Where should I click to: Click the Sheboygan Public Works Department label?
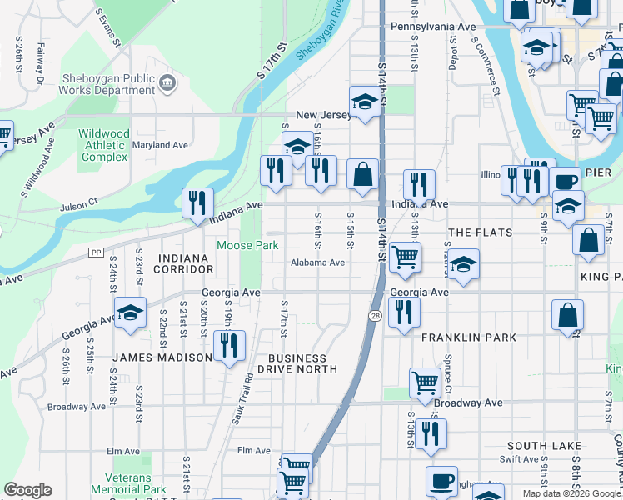(108, 84)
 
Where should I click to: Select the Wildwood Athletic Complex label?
(104, 145)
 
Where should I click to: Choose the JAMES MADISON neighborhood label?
(162, 357)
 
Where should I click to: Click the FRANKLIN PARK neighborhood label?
(468, 337)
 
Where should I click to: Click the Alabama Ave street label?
(317, 262)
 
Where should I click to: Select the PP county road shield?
(94, 251)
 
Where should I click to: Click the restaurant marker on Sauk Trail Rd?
(229, 345)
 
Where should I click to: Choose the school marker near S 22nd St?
(131, 312)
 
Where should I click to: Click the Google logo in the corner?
(27, 490)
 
